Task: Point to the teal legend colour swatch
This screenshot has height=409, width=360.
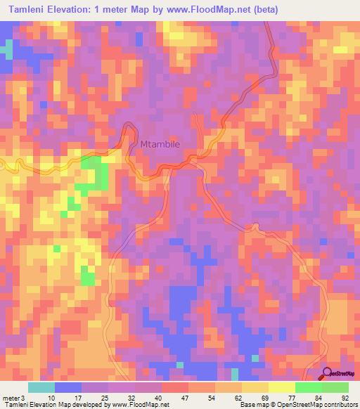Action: tap(41, 387)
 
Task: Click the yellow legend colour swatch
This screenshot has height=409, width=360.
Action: tap(281, 387)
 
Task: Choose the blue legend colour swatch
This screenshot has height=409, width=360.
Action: tap(68, 387)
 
